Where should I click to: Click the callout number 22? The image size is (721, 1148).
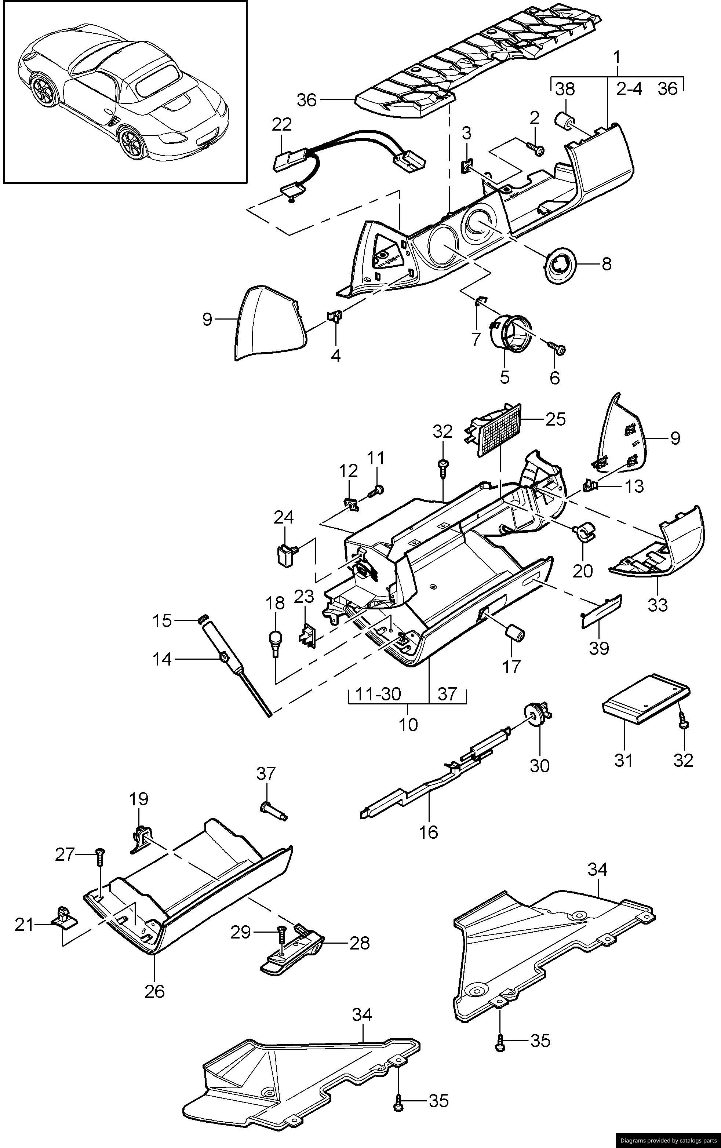point(282,124)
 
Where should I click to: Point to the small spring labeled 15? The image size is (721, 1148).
point(203,620)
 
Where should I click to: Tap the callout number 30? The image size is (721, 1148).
point(540,765)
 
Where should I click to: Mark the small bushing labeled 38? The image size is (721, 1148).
point(564,120)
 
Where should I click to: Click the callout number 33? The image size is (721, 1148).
point(658,605)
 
